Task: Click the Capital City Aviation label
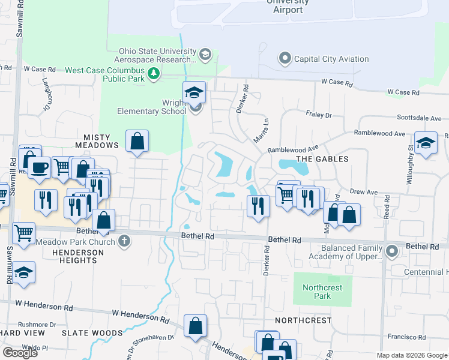click(331, 59)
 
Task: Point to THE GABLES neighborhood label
click(322, 159)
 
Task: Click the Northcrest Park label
click(322, 292)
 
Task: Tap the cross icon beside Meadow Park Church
click(125, 241)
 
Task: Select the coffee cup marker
click(39, 167)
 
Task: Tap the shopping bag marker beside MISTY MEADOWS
click(137, 142)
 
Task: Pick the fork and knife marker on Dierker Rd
click(259, 206)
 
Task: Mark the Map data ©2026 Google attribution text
click(411, 355)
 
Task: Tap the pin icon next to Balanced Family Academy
click(392, 250)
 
